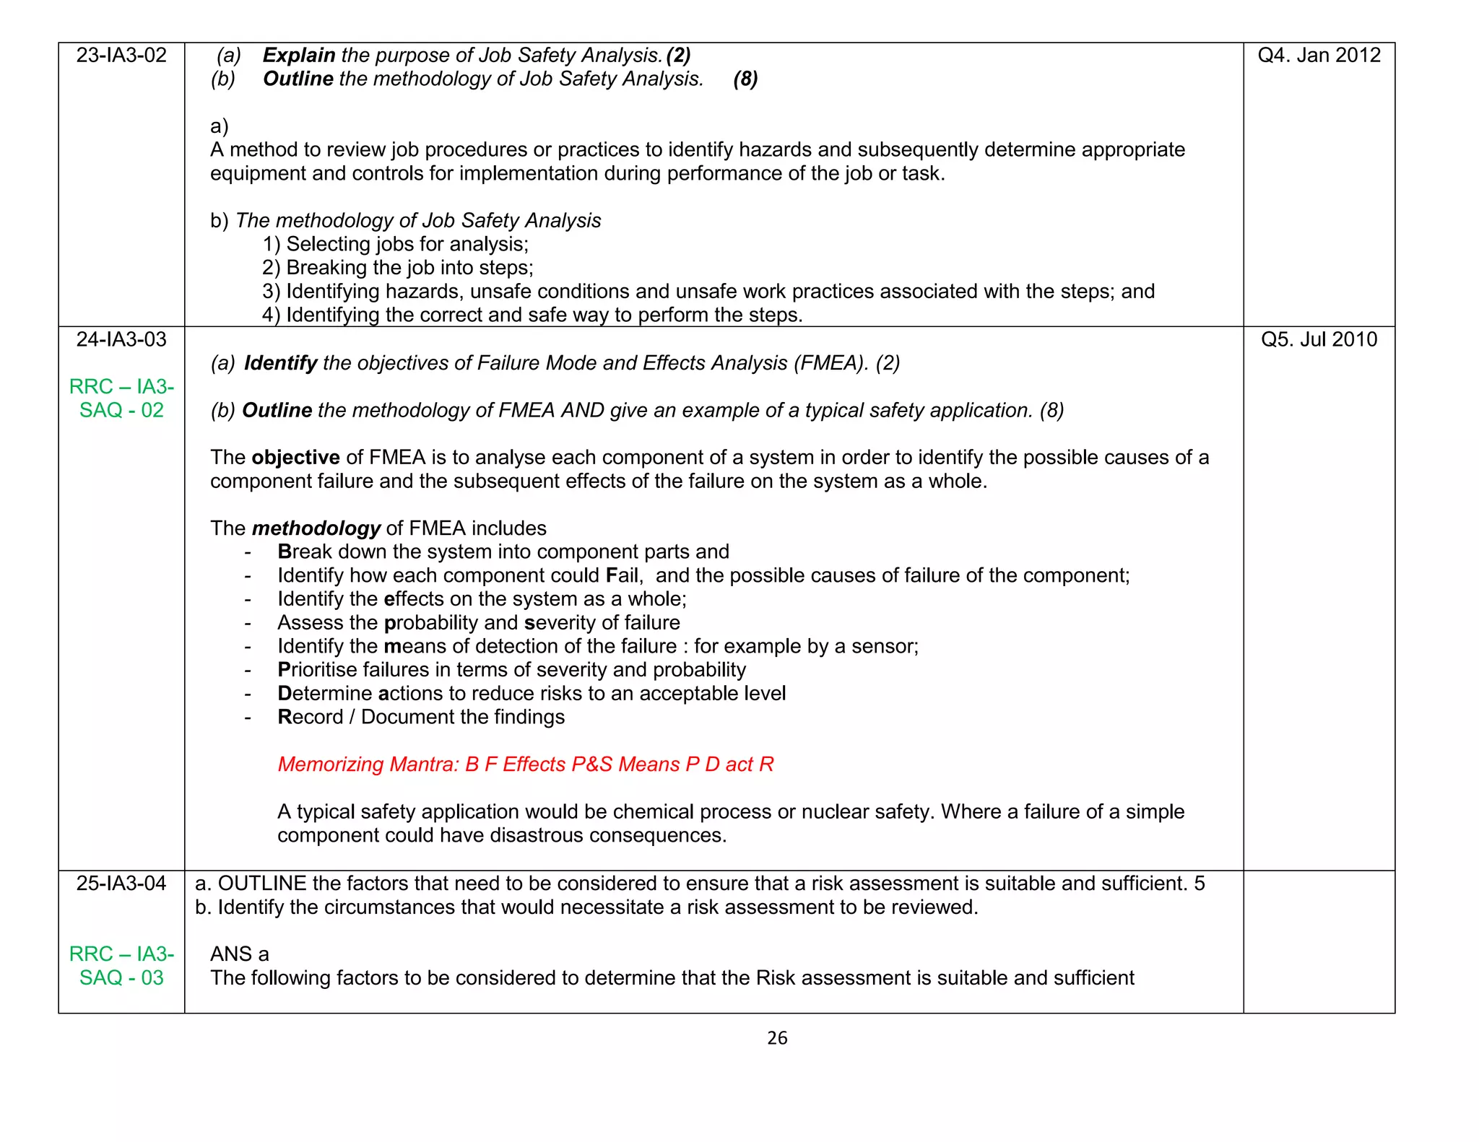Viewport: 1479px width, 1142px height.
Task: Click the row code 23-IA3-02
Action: (x=121, y=56)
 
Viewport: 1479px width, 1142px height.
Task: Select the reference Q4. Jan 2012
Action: (x=1319, y=56)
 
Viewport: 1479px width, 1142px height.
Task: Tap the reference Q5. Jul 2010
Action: (x=1319, y=339)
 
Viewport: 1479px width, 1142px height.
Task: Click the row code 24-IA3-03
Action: (x=121, y=339)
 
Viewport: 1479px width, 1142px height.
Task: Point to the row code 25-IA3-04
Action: (x=121, y=884)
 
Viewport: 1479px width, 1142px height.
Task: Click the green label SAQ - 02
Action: (x=121, y=410)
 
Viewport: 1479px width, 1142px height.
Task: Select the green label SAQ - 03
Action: (x=121, y=977)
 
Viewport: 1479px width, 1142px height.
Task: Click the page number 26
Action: (x=777, y=1038)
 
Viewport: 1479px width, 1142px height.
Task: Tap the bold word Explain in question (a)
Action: (x=299, y=56)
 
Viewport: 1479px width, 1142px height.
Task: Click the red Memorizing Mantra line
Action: (x=525, y=764)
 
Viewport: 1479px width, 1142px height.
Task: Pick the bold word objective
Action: (x=295, y=458)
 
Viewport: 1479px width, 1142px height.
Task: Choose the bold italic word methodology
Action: (x=316, y=528)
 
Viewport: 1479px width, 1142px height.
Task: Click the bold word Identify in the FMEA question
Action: (x=280, y=363)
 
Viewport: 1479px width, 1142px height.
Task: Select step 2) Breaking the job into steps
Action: (x=397, y=268)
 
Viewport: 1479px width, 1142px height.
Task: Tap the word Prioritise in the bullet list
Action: (x=317, y=670)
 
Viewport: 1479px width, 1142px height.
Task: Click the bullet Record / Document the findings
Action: (x=420, y=717)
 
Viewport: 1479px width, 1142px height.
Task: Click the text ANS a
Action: (x=239, y=954)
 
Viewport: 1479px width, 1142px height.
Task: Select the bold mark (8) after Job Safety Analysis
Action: (x=745, y=79)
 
